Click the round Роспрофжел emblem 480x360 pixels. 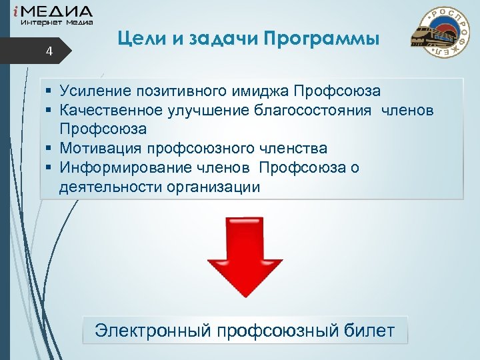[443, 32]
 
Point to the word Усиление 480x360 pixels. [96, 90]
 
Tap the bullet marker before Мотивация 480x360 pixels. [50, 148]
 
